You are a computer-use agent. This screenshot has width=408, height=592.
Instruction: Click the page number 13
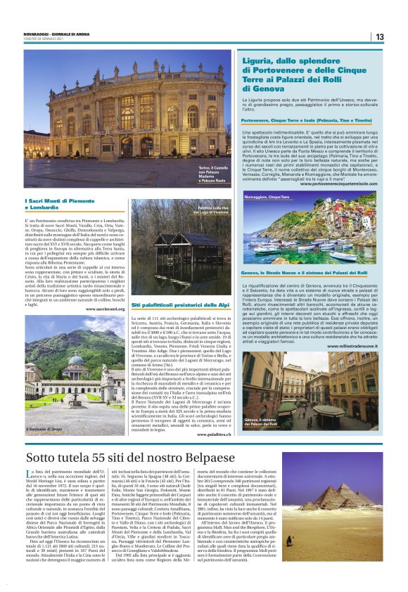tap(379, 37)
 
